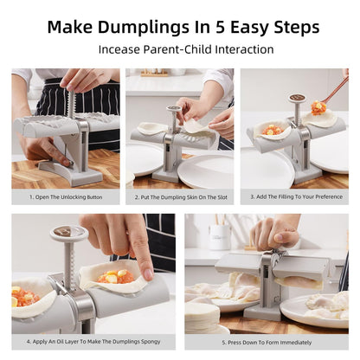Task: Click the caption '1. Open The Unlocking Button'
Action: point(65,197)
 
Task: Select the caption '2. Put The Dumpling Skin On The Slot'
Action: point(180,197)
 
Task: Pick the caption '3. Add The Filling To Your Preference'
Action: point(294,197)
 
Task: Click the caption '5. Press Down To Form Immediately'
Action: point(266,342)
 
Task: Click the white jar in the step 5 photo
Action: point(220,235)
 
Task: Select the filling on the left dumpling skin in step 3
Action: point(273,131)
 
